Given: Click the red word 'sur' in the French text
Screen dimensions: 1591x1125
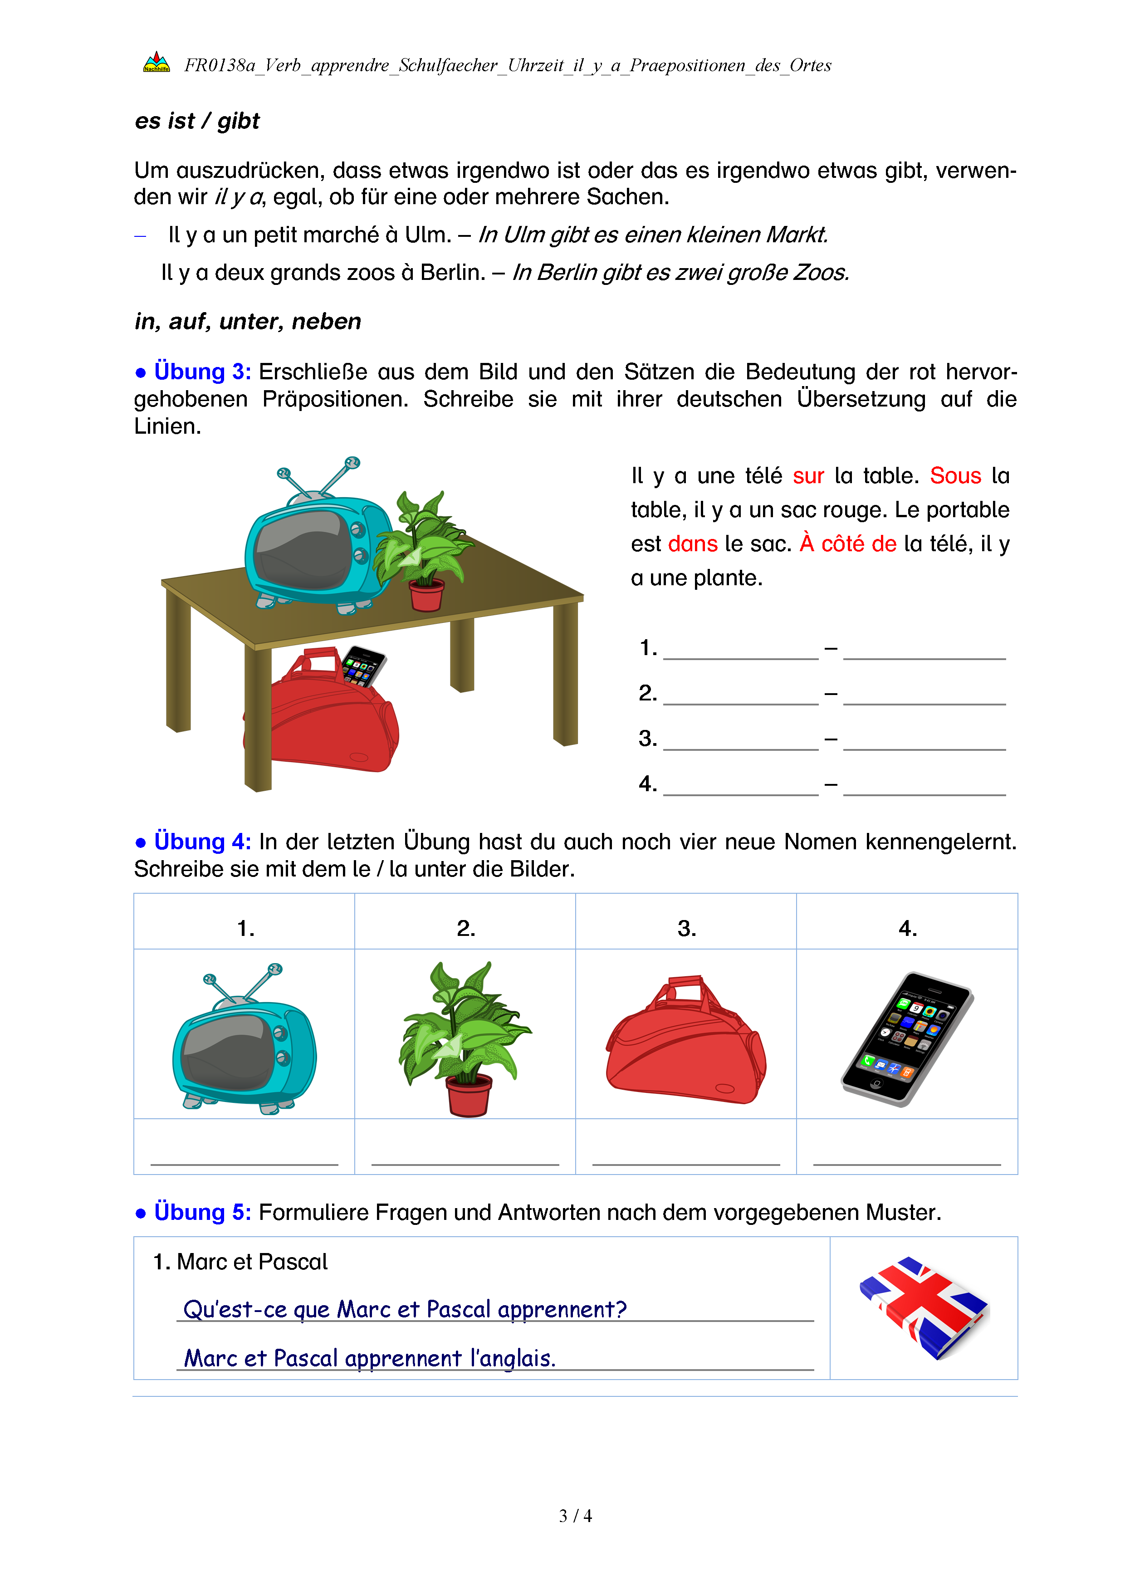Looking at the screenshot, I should point(808,476).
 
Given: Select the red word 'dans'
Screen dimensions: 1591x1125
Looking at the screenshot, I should point(692,544).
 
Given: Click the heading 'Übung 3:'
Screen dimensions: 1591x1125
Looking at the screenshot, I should point(202,372).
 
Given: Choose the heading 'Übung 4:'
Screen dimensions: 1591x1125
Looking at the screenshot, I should point(202,842).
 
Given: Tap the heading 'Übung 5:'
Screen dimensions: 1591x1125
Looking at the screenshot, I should point(202,1213).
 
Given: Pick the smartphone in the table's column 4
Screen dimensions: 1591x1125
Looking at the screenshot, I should point(907,1038).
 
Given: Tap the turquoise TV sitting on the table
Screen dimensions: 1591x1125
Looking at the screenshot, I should point(315,548).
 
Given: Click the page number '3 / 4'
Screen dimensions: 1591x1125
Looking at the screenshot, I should point(575,1516).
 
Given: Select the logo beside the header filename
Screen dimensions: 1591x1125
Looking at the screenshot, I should point(157,63).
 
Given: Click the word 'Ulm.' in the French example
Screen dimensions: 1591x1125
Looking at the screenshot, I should point(427,235).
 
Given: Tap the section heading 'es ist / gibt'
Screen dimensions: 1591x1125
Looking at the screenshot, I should point(197,121).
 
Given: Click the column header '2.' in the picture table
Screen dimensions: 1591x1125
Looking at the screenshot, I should point(465,928).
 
